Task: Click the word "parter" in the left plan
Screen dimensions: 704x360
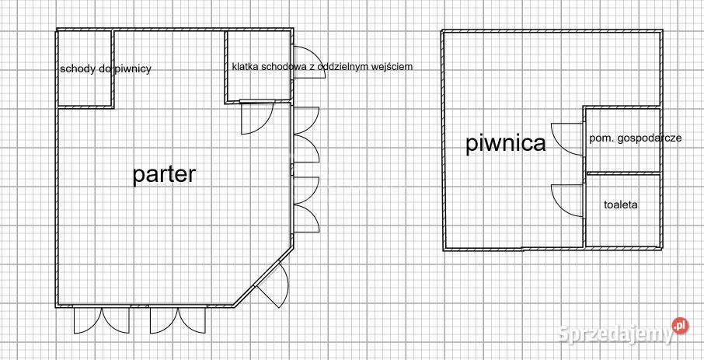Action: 164,175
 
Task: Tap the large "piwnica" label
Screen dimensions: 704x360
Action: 506,143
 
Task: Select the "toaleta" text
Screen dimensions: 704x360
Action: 621,205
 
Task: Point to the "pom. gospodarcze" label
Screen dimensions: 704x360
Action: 636,138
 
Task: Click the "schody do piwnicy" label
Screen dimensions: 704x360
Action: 106,68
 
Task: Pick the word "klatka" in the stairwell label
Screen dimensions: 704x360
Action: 244,67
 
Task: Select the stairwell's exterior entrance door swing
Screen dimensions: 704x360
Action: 309,62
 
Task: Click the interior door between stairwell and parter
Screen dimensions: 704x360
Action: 257,117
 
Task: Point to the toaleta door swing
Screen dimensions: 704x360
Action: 567,201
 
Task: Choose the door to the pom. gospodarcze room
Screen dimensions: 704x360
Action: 567,139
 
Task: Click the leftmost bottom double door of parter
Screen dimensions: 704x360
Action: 102,320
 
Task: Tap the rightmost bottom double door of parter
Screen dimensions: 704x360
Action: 178,320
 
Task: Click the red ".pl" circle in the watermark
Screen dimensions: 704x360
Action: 680,326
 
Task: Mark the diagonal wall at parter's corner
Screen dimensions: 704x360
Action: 263,276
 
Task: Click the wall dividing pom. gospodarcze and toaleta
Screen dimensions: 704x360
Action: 623,173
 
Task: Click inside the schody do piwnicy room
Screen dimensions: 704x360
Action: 85,90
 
